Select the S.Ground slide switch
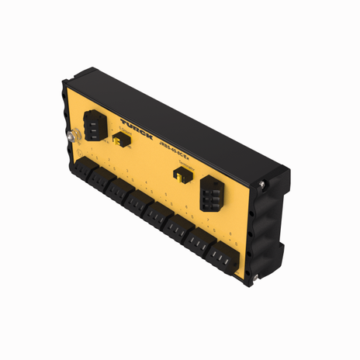tap(120, 140)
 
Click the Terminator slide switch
tap(180, 176)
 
